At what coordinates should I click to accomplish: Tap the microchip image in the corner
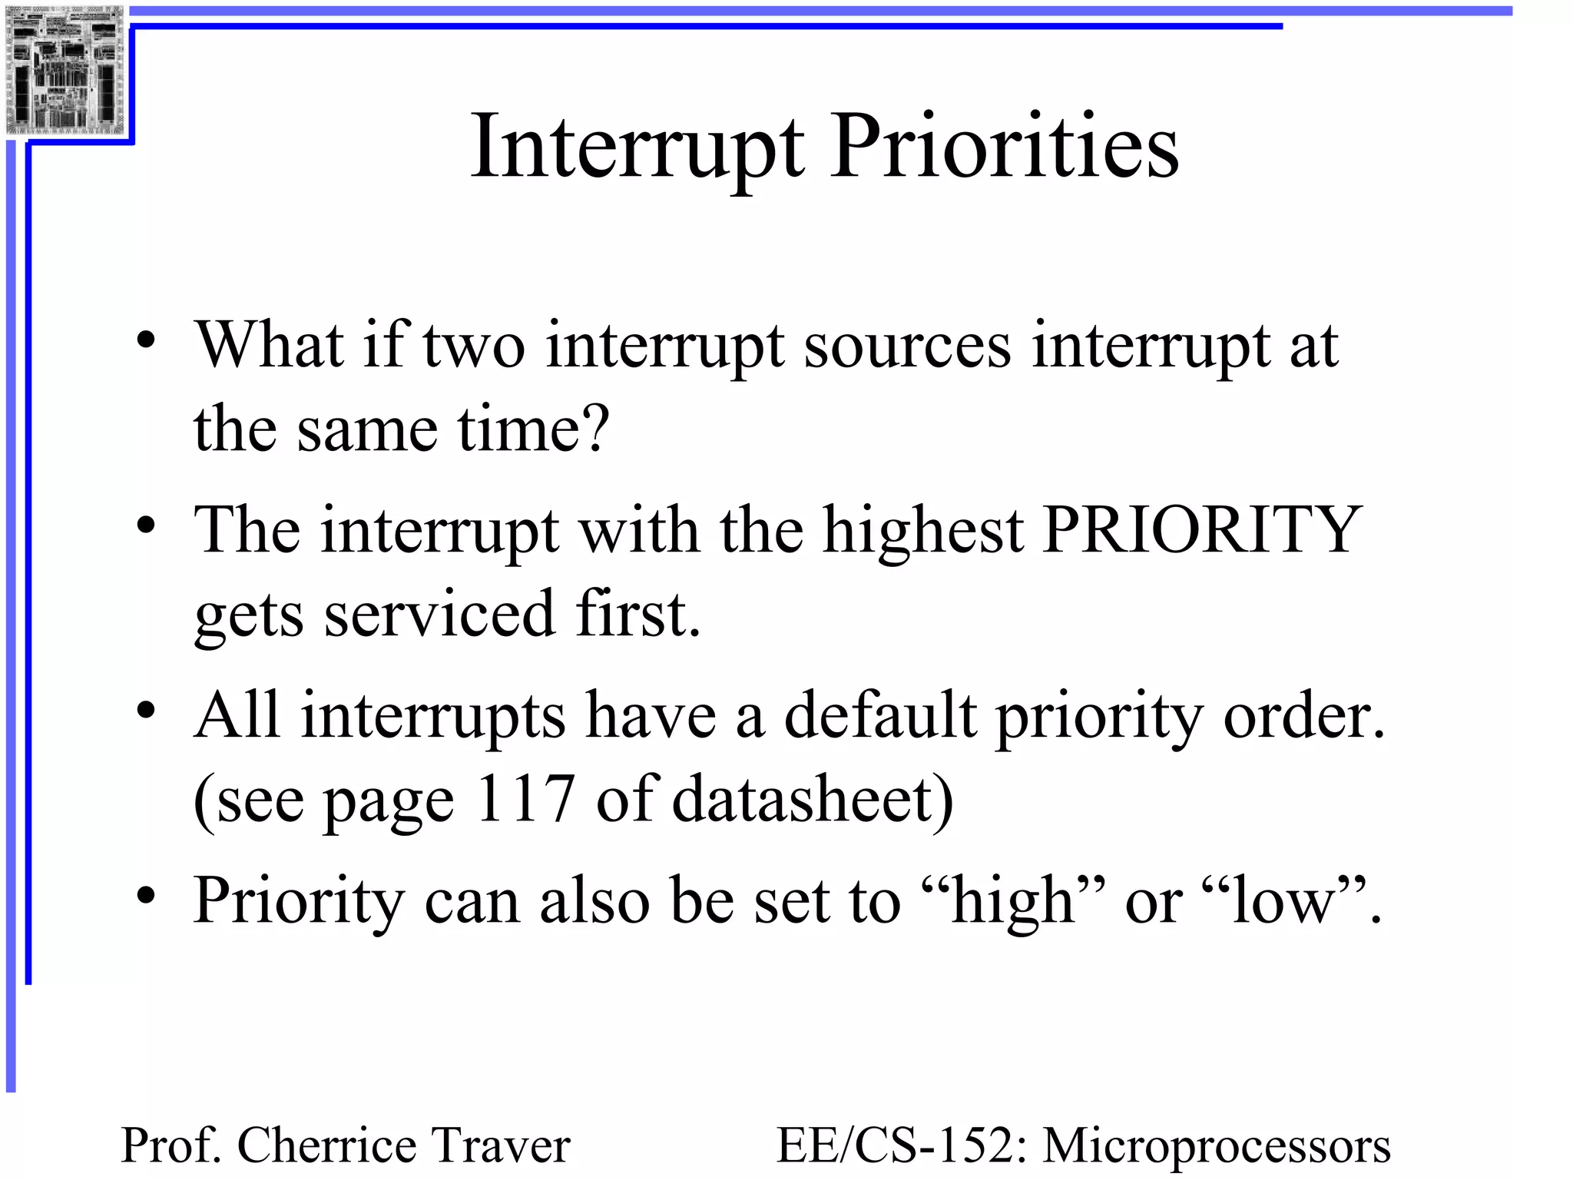[x=65, y=69]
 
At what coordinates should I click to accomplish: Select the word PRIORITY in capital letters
[x=1202, y=529]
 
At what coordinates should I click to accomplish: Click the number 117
[x=525, y=798]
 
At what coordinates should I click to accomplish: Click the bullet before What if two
[x=146, y=341]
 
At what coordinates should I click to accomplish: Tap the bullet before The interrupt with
[x=146, y=526]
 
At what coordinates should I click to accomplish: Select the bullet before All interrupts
[x=146, y=711]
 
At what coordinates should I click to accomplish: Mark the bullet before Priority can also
[x=146, y=896]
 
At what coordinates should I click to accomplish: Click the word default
[x=880, y=715]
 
